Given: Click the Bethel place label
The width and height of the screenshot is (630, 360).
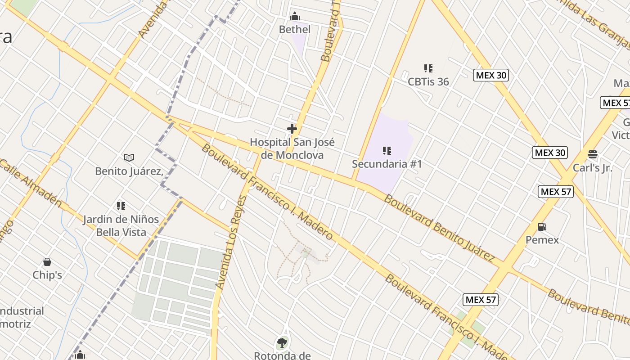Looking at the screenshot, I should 295,30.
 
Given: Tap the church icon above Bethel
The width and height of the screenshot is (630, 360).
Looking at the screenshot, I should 295,17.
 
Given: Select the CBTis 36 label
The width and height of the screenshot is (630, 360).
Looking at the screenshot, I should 428,81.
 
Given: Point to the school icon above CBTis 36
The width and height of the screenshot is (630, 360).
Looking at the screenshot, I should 428,68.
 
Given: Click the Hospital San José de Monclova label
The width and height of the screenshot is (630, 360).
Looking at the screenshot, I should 292,148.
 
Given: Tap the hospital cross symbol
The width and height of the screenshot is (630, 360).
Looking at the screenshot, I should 292,129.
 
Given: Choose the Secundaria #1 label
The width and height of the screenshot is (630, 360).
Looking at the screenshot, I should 387,164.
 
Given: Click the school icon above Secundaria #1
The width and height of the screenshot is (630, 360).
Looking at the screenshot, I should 387,150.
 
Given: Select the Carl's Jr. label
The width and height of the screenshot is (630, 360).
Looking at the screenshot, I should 593,167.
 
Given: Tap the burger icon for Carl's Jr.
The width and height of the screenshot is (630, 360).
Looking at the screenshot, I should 593,154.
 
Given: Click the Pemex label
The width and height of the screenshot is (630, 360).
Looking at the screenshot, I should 542,240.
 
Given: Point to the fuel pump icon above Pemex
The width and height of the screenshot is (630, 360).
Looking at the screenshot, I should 542,227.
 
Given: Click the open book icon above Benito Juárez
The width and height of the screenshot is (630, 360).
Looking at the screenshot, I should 129,157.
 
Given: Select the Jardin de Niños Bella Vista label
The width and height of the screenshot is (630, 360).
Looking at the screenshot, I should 121,226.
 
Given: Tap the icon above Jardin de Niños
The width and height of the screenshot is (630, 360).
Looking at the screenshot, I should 121,206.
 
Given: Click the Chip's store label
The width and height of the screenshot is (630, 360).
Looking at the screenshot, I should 47,275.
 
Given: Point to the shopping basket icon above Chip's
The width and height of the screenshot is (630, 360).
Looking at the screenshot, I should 47,262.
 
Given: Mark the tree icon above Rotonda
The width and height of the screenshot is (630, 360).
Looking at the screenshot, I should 282,343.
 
